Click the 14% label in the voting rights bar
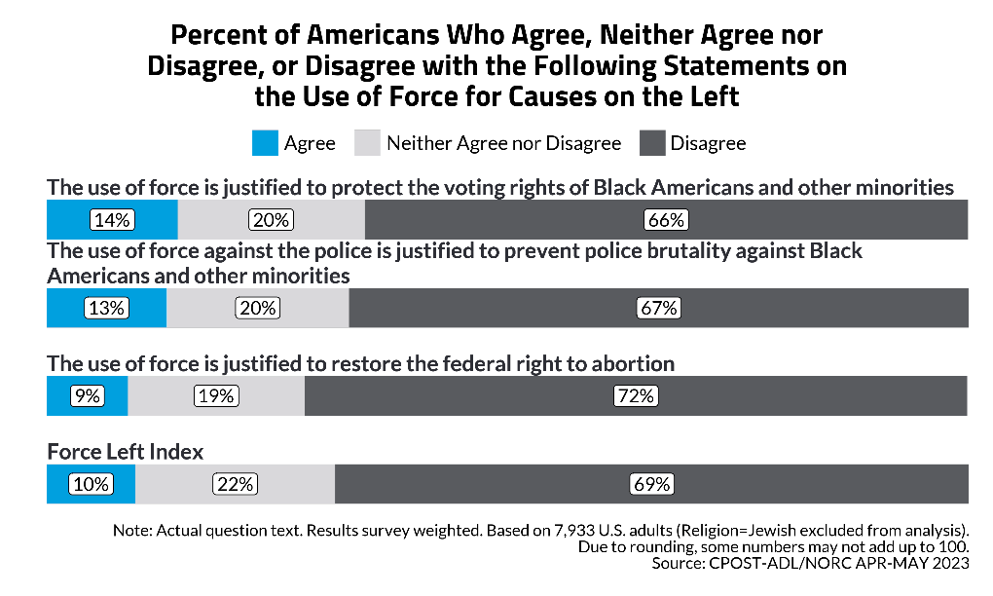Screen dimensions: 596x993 [112, 220]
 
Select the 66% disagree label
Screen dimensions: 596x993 [666, 220]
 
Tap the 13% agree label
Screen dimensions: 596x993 [105, 308]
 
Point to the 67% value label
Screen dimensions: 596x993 [658, 308]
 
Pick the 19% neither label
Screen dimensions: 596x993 [215, 396]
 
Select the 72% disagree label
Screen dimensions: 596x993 [636, 396]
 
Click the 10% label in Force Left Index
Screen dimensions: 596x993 [91, 484]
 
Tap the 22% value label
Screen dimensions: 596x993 [235, 484]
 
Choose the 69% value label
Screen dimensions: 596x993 [651, 484]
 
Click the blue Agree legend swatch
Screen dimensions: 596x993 [265, 143]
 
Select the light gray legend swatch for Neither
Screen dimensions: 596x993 [367, 143]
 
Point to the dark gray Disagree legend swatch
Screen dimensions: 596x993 [652, 143]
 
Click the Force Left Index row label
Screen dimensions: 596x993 [125, 453]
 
